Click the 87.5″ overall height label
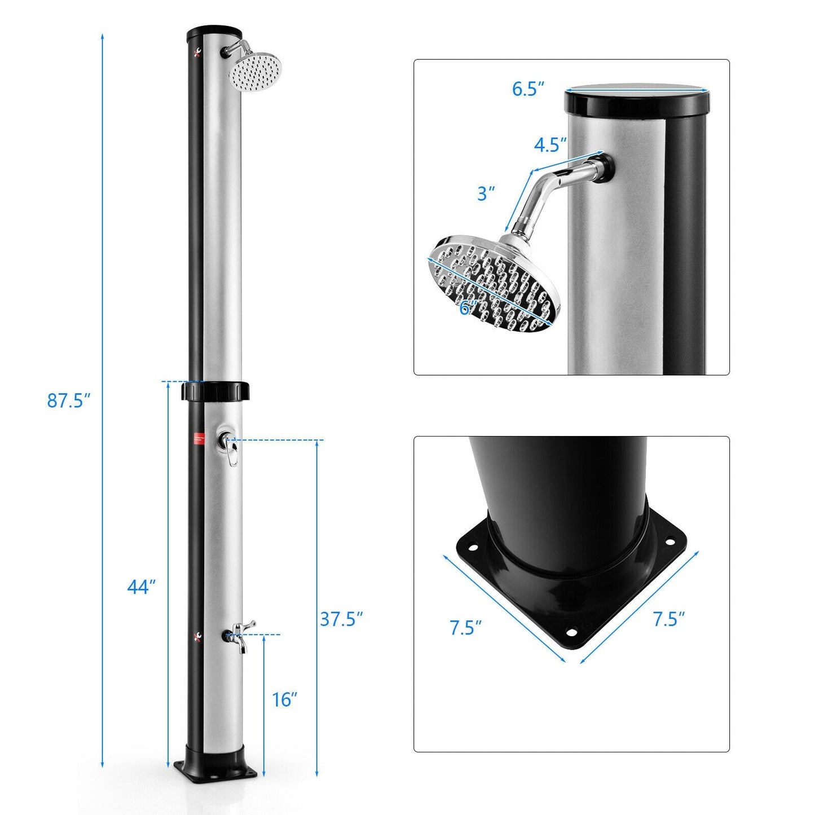pos(68,401)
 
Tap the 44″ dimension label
pos(140,587)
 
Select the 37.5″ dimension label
pos(341,619)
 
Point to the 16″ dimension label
pos(285,699)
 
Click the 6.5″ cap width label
pos(528,89)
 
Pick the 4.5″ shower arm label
pos(550,145)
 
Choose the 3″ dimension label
pos(486,193)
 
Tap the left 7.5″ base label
pos(465,628)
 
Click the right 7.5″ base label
pos(669,619)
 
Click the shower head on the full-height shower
pos(255,71)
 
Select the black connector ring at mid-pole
pos(215,391)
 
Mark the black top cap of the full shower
pos(215,33)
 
